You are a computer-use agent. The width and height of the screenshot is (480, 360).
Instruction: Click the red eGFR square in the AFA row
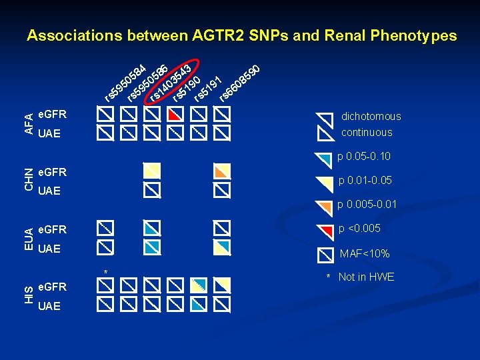tap(175, 115)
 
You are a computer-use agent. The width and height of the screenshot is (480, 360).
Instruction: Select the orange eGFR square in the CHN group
tap(222, 171)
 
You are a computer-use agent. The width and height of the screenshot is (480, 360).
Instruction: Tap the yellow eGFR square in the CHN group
tap(153, 171)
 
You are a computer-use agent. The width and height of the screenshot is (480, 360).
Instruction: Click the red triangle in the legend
tap(325, 230)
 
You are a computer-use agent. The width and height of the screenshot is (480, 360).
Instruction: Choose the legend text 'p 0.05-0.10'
tap(364, 157)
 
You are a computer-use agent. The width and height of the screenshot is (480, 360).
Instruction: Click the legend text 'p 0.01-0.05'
tap(365, 180)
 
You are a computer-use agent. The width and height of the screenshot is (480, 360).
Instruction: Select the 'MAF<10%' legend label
tap(365, 253)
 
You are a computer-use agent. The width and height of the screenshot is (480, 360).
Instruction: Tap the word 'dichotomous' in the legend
tap(371, 116)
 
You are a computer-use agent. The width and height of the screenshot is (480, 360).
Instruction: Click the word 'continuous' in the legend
tap(367, 132)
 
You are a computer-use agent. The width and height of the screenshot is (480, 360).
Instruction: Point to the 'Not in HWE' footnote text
tap(366, 277)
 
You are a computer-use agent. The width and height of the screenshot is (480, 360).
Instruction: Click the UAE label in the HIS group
tap(49, 306)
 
